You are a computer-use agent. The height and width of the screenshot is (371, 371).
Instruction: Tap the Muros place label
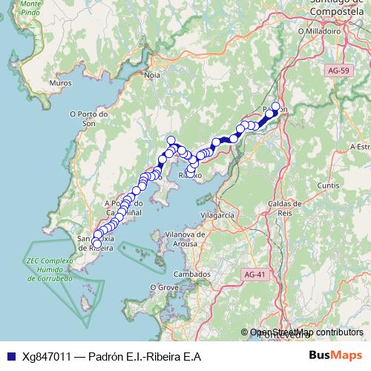(59, 84)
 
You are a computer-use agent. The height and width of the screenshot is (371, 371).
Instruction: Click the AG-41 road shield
(254, 275)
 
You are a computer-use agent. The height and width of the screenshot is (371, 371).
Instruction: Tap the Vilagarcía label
(217, 214)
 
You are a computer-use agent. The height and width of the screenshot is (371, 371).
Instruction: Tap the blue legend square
(7, 356)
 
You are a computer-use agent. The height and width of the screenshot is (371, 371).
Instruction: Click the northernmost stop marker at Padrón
(276, 106)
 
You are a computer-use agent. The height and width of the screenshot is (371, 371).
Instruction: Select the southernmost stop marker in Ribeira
(96, 243)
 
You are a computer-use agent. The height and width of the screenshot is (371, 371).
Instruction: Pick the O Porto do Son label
(88, 119)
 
